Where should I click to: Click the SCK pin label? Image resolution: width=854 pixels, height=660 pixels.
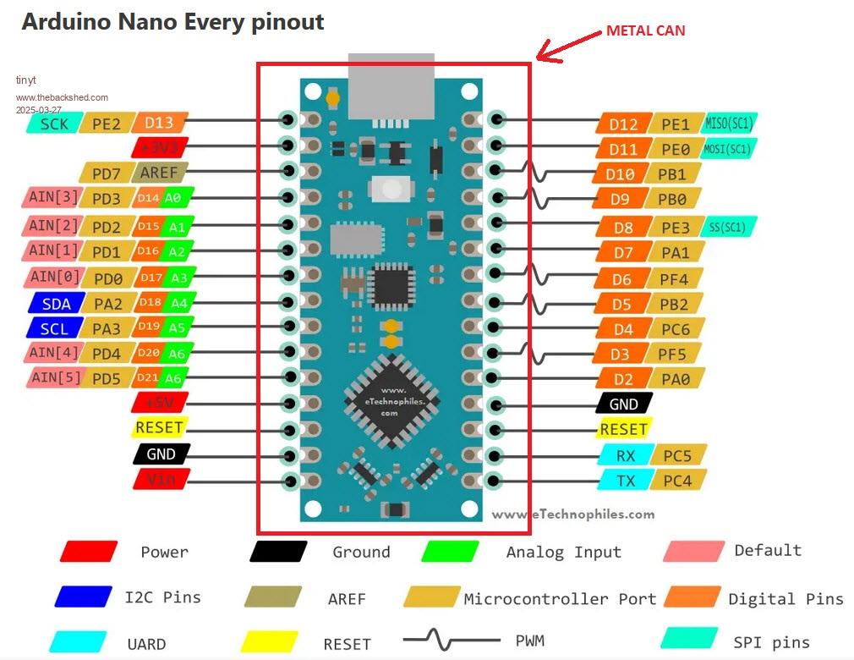[x=53, y=124]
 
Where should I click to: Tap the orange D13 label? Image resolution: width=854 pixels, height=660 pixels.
[x=159, y=124]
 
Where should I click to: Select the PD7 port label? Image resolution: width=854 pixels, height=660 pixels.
[x=106, y=173]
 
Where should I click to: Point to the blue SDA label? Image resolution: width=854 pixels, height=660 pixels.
[x=56, y=303]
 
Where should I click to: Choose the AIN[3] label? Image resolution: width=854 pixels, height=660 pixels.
[x=53, y=198]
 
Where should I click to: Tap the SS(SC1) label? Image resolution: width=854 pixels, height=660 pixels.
[x=728, y=227]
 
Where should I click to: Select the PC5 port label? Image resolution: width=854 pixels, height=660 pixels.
[x=677, y=456]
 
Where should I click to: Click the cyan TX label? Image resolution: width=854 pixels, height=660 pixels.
[x=626, y=481]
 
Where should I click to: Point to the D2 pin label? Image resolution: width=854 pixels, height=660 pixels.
[x=624, y=378]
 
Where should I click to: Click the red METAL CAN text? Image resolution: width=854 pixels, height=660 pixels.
[x=645, y=30]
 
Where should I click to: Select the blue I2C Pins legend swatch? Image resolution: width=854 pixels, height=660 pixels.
[x=83, y=597]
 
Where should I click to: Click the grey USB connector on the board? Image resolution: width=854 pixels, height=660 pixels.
[x=391, y=85]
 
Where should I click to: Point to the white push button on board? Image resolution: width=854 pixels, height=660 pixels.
[x=391, y=189]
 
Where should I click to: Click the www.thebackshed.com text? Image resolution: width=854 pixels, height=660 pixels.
[x=62, y=97]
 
